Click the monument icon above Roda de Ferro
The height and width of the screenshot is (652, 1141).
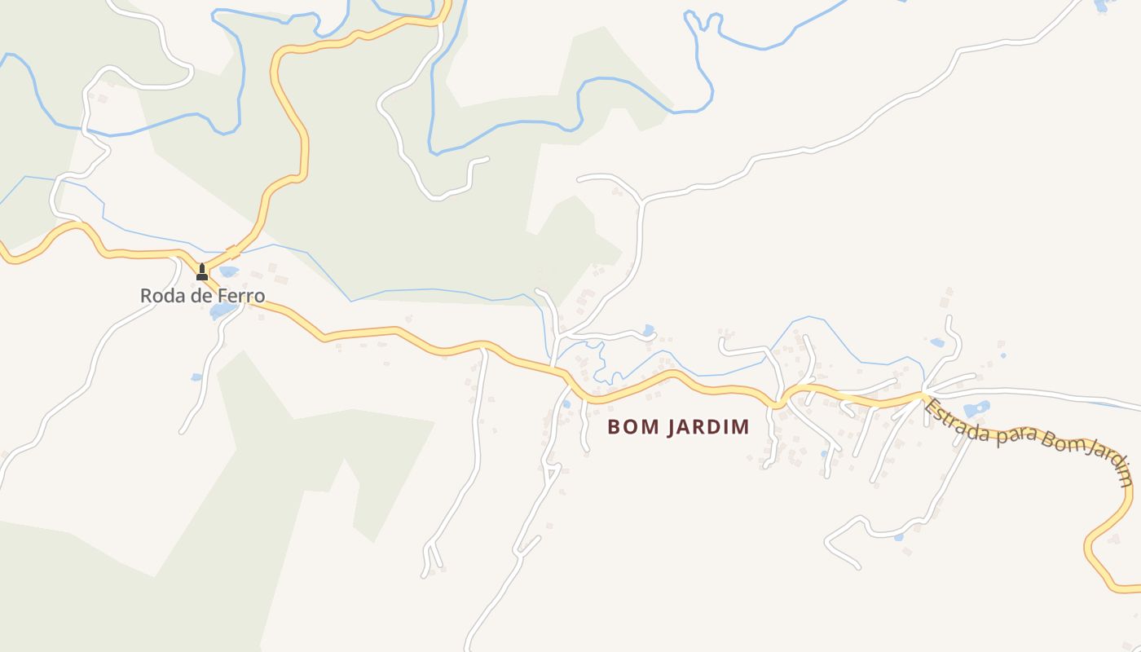click(202, 271)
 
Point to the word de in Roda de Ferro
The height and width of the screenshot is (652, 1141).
click(201, 296)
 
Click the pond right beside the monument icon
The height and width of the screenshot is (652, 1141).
click(228, 271)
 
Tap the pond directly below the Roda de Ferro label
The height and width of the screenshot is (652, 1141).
click(221, 311)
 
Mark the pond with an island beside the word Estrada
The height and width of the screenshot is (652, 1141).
click(976, 408)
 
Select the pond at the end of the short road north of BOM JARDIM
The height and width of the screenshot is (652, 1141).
click(649, 331)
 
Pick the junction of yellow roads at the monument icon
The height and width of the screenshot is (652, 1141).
click(203, 269)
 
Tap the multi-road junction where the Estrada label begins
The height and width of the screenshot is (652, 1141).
click(924, 396)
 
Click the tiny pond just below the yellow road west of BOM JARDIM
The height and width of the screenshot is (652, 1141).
click(566, 403)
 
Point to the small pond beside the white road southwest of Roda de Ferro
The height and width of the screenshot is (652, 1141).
click(196, 377)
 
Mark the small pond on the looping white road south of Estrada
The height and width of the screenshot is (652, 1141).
click(898, 537)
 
